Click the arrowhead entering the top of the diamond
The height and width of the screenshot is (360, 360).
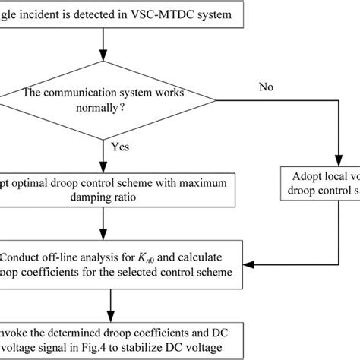pyautogui.click(x=103, y=67)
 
